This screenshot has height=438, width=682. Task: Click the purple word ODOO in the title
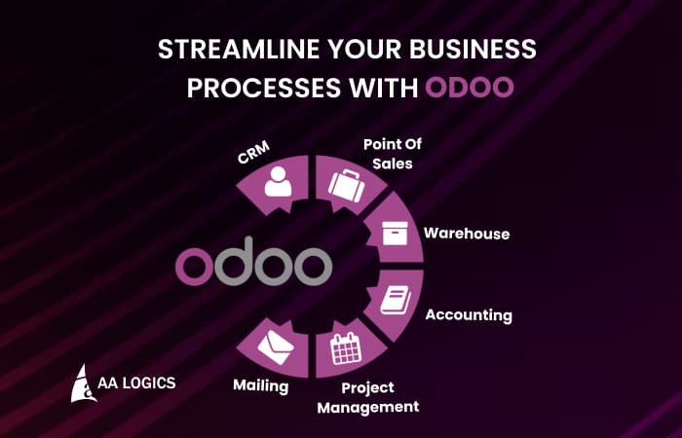(470, 87)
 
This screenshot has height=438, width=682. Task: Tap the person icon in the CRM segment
(279, 182)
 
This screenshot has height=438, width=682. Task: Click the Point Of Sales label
(388, 154)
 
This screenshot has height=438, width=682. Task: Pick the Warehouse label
(467, 234)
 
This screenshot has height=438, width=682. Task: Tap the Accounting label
(469, 315)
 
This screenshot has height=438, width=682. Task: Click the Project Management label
(368, 397)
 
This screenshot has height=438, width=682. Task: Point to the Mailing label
(260, 385)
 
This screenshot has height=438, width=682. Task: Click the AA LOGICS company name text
(135, 383)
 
